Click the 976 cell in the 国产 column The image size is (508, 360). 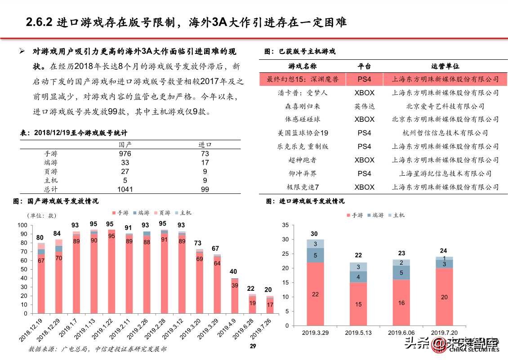click(x=125, y=153)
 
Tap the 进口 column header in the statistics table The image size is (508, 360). click(x=205, y=145)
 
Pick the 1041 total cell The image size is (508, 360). click(x=125, y=189)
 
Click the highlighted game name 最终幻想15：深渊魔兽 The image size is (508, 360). click(x=303, y=79)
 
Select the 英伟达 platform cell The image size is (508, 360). click(x=364, y=106)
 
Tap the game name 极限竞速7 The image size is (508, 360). click(x=303, y=187)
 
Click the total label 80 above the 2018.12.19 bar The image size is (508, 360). click(x=40, y=238)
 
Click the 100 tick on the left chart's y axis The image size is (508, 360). click(x=22, y=225)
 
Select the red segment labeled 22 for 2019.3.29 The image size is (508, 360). click(x=315, y=294)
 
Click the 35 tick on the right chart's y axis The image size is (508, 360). click(x=285, y=225)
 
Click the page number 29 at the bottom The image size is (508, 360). click(x=253, y=346)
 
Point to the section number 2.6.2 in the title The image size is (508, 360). click(x=40, y=22)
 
